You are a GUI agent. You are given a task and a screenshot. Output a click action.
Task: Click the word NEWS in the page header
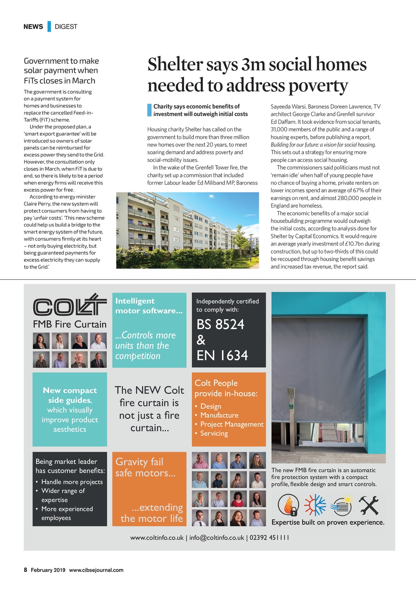[x=33, y=26]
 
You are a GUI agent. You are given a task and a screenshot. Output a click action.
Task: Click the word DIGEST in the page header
[x=66, y=26]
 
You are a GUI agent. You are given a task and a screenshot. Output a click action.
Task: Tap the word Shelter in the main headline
[x=175, y=65]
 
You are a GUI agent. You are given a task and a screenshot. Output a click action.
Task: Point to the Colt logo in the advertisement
[x=69, y=305]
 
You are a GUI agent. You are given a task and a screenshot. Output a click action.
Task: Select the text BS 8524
[x=220, y=324]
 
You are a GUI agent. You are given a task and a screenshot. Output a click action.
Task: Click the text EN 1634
[x=222, y=356]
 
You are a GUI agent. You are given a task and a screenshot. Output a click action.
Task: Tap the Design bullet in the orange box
[x=210, y=406]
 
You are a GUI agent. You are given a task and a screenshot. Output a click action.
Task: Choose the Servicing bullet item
[x=214, y=433]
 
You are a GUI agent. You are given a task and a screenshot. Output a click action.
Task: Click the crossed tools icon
[x=368, y=506]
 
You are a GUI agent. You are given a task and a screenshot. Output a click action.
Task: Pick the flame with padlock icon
[x=288, y=506]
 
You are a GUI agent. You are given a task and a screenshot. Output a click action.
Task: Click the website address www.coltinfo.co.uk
[x=157, y=537]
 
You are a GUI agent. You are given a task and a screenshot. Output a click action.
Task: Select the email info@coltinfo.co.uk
[x=217, y=537]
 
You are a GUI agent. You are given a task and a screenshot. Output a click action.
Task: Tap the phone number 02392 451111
[x=269, y=537]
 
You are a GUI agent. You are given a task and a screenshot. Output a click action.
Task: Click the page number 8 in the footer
[x=26, y=570]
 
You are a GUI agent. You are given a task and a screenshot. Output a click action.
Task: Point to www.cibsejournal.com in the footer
[x=96, y=570]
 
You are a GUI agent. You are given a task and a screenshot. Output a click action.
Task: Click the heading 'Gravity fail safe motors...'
[x=145, y=467]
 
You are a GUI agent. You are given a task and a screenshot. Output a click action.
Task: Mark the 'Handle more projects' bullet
[x=72, y=482]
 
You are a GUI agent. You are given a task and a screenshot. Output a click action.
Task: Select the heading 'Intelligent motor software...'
[x=149, y=305]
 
